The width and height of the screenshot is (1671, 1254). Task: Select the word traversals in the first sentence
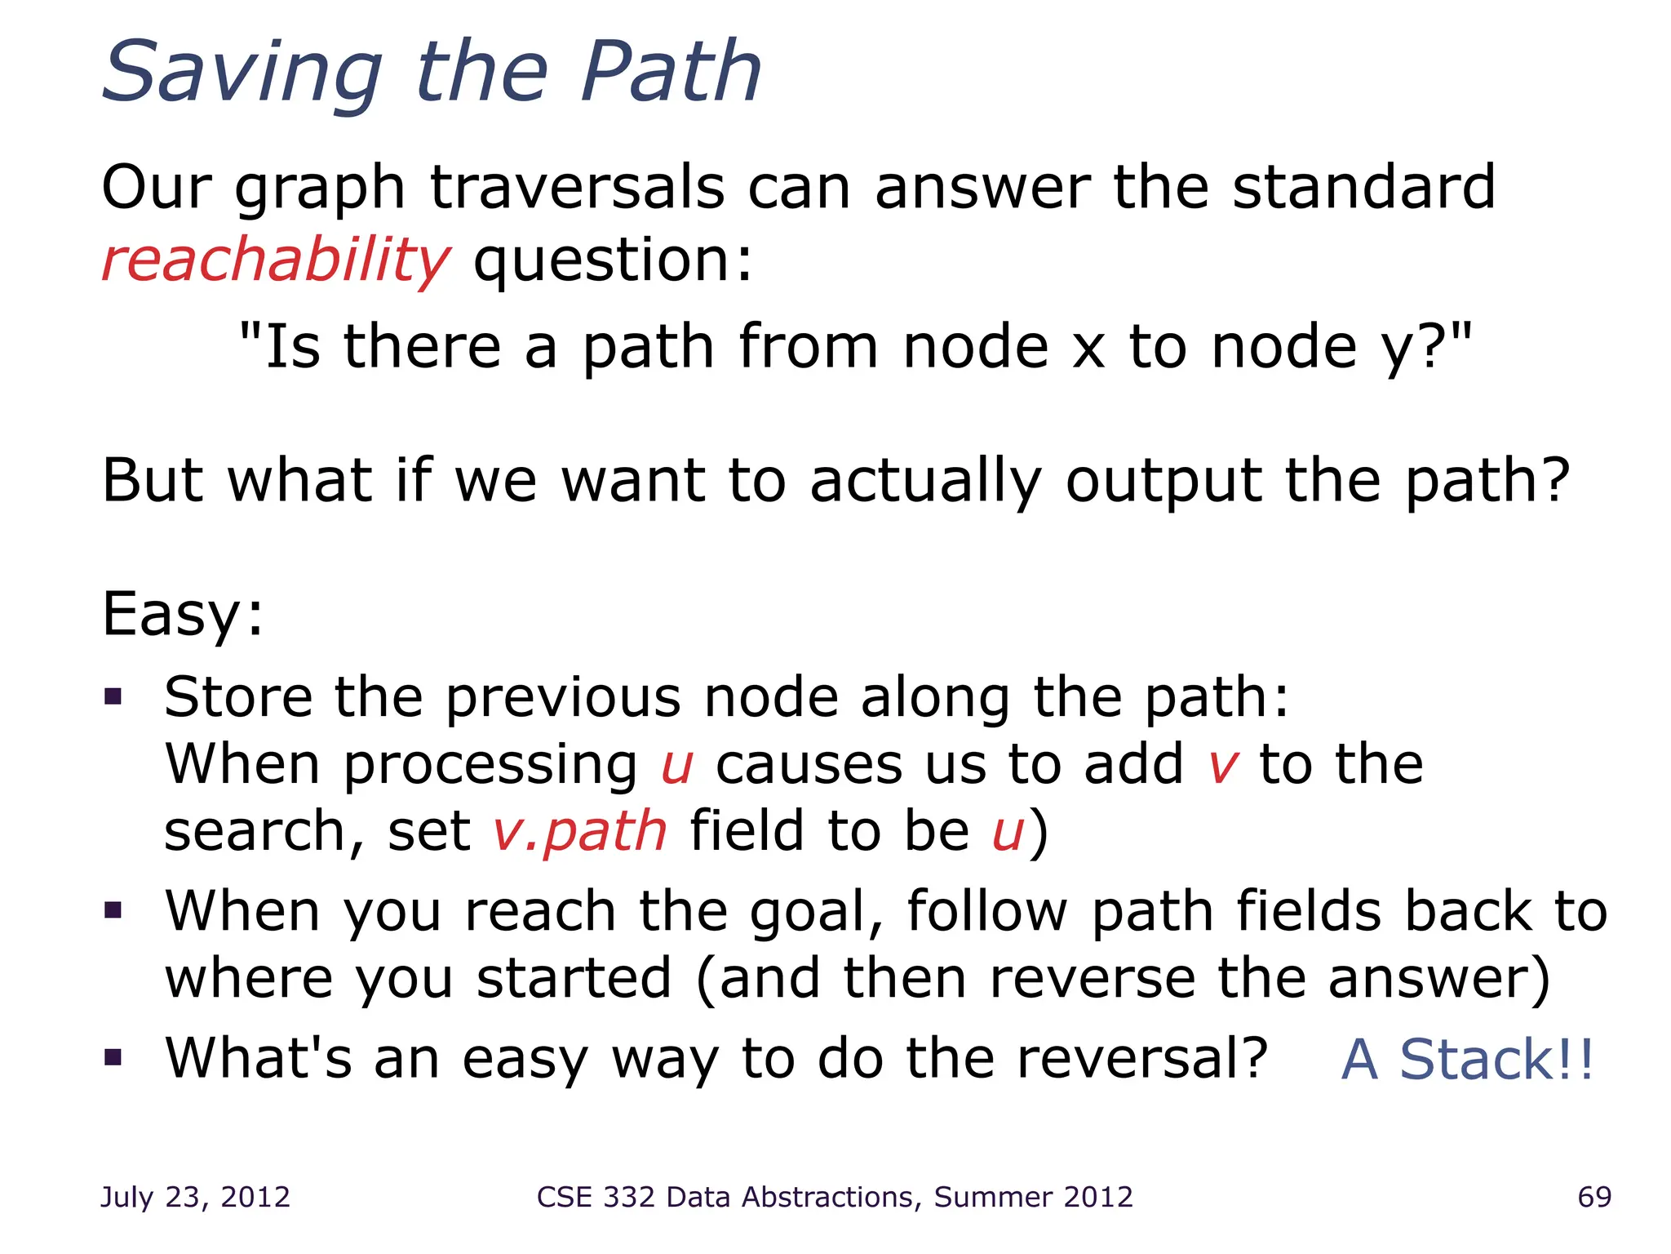pos(577,188)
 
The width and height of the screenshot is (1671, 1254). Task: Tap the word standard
pos(1363,188)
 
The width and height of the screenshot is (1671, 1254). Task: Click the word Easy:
pos(183,614)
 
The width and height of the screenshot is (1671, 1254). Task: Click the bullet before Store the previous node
pos(113,696)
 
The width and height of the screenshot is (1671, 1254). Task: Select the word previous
pos(562,698)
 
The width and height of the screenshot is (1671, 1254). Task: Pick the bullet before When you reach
pos(113,909)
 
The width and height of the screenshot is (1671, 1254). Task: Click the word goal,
pos(816,913)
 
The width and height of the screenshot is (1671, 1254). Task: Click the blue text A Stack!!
pos(1467,1060)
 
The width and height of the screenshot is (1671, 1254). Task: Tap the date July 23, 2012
pos(195,1197)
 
